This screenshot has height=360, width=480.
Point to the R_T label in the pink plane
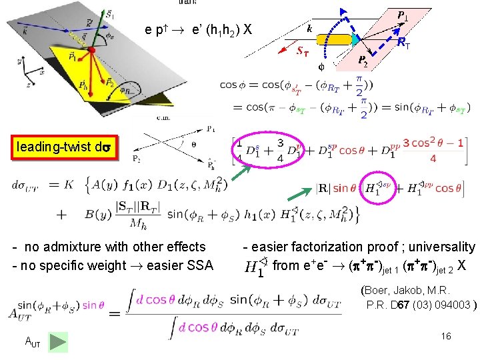403,43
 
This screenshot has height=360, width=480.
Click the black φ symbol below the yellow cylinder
321,67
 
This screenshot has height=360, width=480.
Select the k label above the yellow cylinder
309,29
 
